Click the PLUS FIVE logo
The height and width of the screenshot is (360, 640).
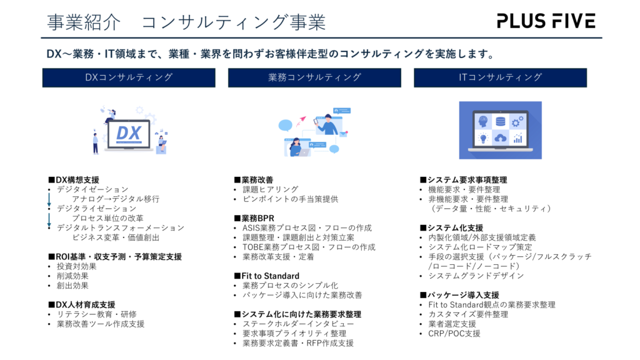click(x=546, y=21)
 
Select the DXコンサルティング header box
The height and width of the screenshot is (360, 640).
click(x=129, y=77)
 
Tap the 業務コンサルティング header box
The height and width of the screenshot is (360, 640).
click(x=314, y=77)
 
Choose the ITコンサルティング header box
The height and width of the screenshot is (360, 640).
click(x=500, y=77)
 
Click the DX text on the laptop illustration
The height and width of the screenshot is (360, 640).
click(x=129, y=134)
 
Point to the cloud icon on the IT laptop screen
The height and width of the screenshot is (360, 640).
click(x=501, y=138)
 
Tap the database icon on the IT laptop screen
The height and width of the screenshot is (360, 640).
click(x=501, y=121)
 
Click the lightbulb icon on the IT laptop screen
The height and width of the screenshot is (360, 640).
click(x=483, y=138)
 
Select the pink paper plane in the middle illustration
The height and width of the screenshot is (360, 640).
click(x=302, y=121)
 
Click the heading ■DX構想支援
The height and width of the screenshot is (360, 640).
click(x=74, y=180)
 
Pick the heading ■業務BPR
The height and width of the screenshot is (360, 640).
click(x=254, y=218)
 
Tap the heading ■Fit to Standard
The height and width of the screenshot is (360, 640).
click(x=266, y=276)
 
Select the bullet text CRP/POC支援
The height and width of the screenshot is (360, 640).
click(x=454, y=334)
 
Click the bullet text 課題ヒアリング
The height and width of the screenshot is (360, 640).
click(x=271, y=189)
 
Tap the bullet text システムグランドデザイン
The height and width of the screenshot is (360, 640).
click(x=476, y=276)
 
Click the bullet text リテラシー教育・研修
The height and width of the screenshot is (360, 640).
click(x=97, y=314)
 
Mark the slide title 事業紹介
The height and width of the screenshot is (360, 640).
click(x=84, y=22)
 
